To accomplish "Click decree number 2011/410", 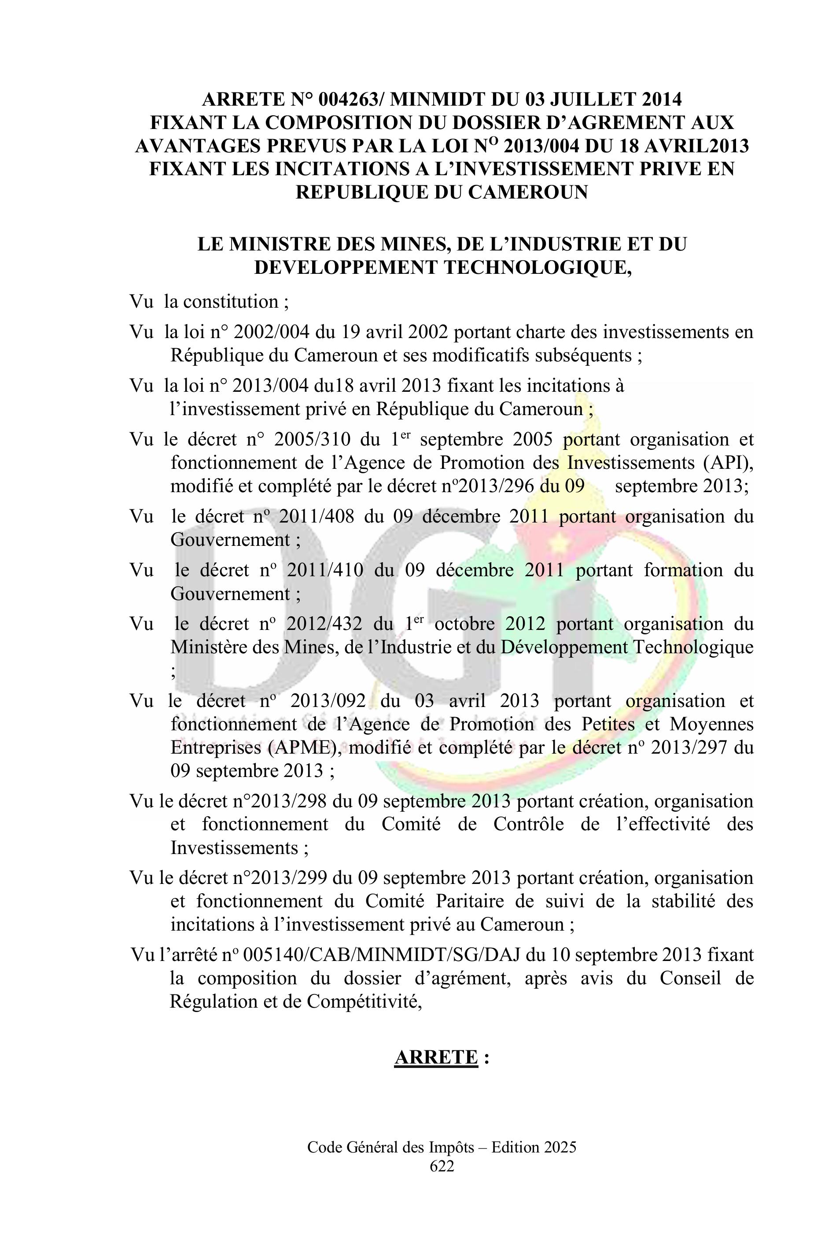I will coord(325,570).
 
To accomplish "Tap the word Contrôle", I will coord(529,824).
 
